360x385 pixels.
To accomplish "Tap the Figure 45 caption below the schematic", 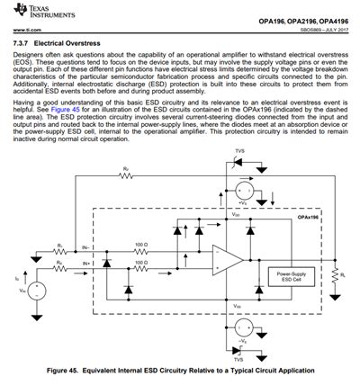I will (x=180, y=371).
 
